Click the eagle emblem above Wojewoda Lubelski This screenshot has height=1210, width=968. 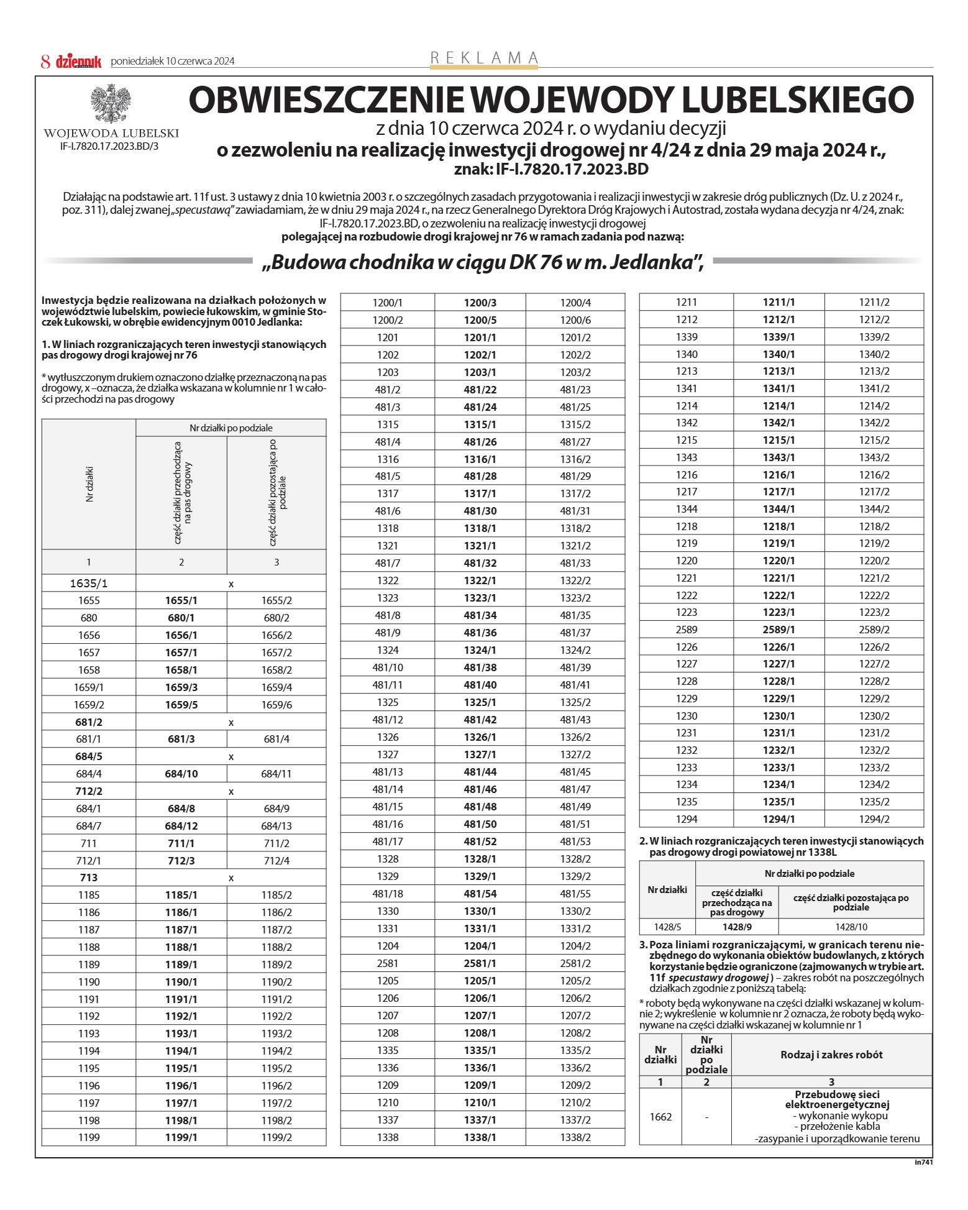pyautogui.click(x=111, y=103)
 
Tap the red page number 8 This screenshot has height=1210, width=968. pyautogui.click(x=45, y=62)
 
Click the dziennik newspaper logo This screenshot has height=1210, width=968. pyautogui.click(x=78, y=62)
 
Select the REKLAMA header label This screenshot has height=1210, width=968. pyautogui.click(x=484, y=58)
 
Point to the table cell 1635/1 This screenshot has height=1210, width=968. pyautogui.click(x=88, y=584)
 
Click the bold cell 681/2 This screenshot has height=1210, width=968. pyautogui.click(x=89, y=722)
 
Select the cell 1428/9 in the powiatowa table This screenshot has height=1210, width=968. pyautogui.click(x=737, y=927)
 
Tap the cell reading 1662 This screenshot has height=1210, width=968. pyautogui.click(x=660, y=1117)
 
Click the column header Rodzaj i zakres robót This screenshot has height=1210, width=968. pyautogui.click(x=831, y=1055)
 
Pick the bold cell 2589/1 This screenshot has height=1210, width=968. pyautogui.click(x=779, y=630)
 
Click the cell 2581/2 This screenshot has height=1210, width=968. pyautogui.click(x=575, y=963)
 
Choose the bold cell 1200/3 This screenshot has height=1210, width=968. pyautogui.click(x=480, y=303)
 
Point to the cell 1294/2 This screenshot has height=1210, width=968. pyautogui.click(x=874, y=819)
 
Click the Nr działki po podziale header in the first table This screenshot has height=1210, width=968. pyautogui.click(x=231, y=428)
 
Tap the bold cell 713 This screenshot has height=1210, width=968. pyautogui.click(x=89, y=878)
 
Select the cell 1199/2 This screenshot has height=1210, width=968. pyautogui.click(x=276, y=1137)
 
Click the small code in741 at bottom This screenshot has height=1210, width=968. pyautogui.click(x=923, y=1162)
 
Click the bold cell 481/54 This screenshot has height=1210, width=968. pyautogui.click(x=480, y=894)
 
